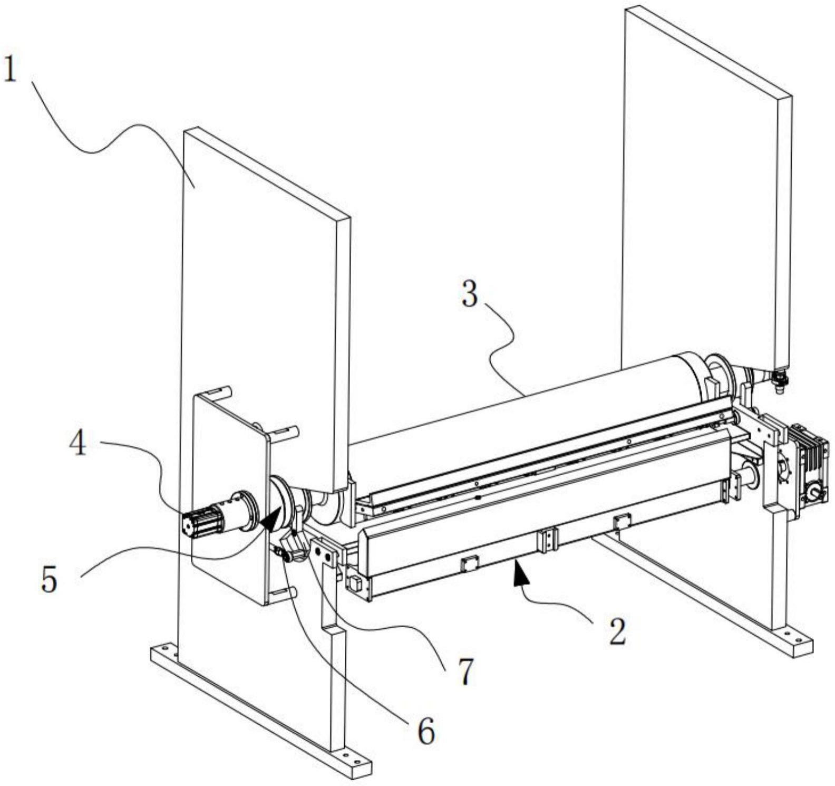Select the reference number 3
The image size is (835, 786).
[x=470, y=293]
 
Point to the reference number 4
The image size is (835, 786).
[x=78, y=442]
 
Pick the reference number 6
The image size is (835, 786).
[x=426, y=731]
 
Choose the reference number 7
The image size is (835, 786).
[x=465, y=671]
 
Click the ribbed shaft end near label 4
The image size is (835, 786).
[x=202, y=522]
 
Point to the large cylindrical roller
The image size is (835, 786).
[x=527, y=422]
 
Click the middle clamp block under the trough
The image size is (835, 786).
[x=547, y=540]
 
